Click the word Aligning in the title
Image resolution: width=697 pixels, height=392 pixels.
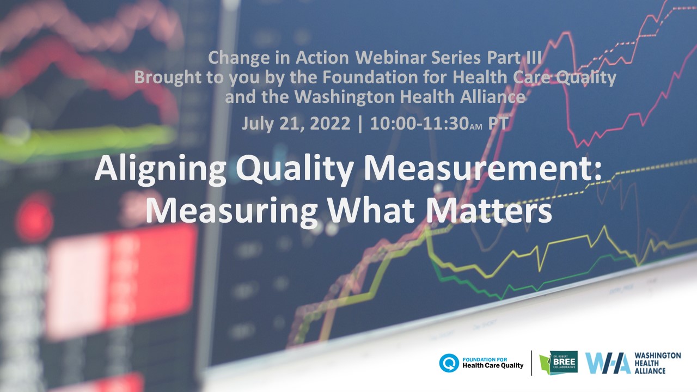[x=160, y=170]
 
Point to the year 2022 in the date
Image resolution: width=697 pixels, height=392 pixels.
[x=330, y=124]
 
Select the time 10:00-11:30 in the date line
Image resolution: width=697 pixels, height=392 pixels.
[x=419, y=124]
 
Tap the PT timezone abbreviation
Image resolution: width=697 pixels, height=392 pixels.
[x=498, y=123]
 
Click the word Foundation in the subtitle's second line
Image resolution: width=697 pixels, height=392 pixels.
[x=370, y=77]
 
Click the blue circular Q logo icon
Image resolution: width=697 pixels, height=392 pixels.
[x=449, y=363]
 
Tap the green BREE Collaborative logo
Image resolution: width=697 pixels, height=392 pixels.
[x=559, y=362]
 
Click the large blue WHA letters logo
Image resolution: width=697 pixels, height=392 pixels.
[x=608, y=363]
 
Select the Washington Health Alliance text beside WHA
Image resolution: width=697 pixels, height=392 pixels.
[x=657, y=363]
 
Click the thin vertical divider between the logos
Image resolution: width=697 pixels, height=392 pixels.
[x=531, y=363]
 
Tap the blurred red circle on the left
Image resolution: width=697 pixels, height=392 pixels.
[x=35, y=217]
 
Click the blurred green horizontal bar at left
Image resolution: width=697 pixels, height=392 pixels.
[x=87, y=140]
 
